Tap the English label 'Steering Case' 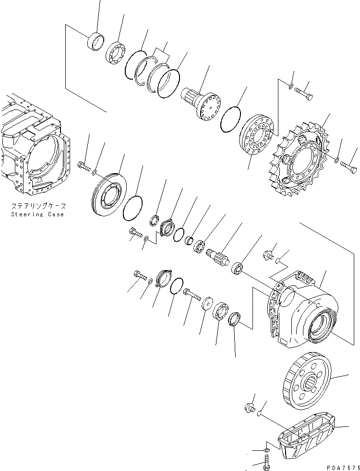coord(37,214)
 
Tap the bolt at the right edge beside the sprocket coord(349,166)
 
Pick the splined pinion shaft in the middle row coord(219,258)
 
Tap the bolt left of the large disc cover coord(83,167)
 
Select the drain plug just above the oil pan coord(249,408)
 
